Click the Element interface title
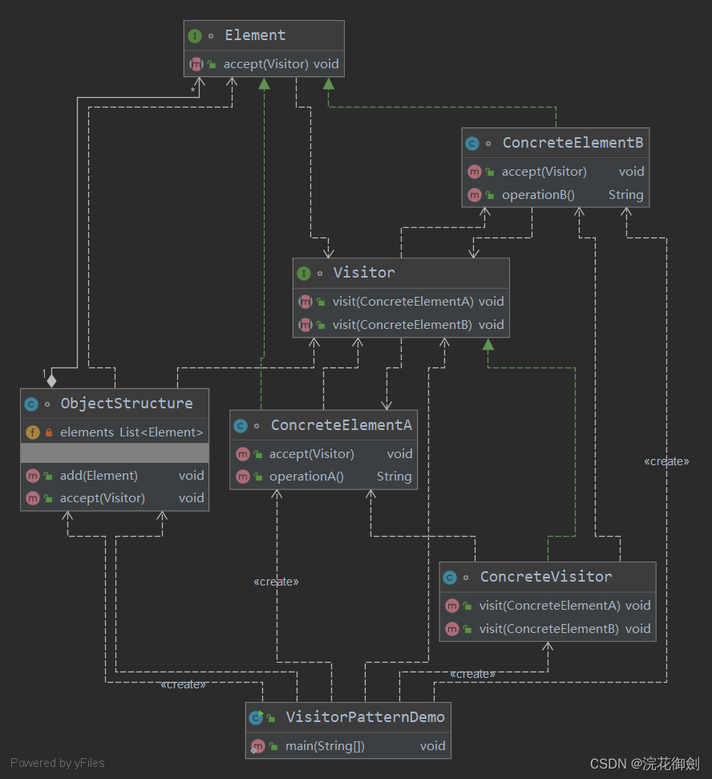tap(255, 35)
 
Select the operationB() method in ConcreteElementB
tap(538, 195)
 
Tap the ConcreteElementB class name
tap(572, 143)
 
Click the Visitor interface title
tap(364, 273)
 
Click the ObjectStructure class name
tap(127, 404)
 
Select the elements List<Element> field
tap(131, 432)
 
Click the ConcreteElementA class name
tap(341, 425)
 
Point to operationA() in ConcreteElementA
tap(306, 477)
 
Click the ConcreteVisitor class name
tap(546, 577)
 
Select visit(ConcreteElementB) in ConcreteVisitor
tap(549, 629)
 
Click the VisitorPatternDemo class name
tap(365, 717)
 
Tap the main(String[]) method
tap(325, 746)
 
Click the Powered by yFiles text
tap(58, 763)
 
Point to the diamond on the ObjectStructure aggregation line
tap(53, 379)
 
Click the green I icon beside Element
tap(195, 36)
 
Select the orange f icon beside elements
tap(32, 432)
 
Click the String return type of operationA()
tap(394, 477)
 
